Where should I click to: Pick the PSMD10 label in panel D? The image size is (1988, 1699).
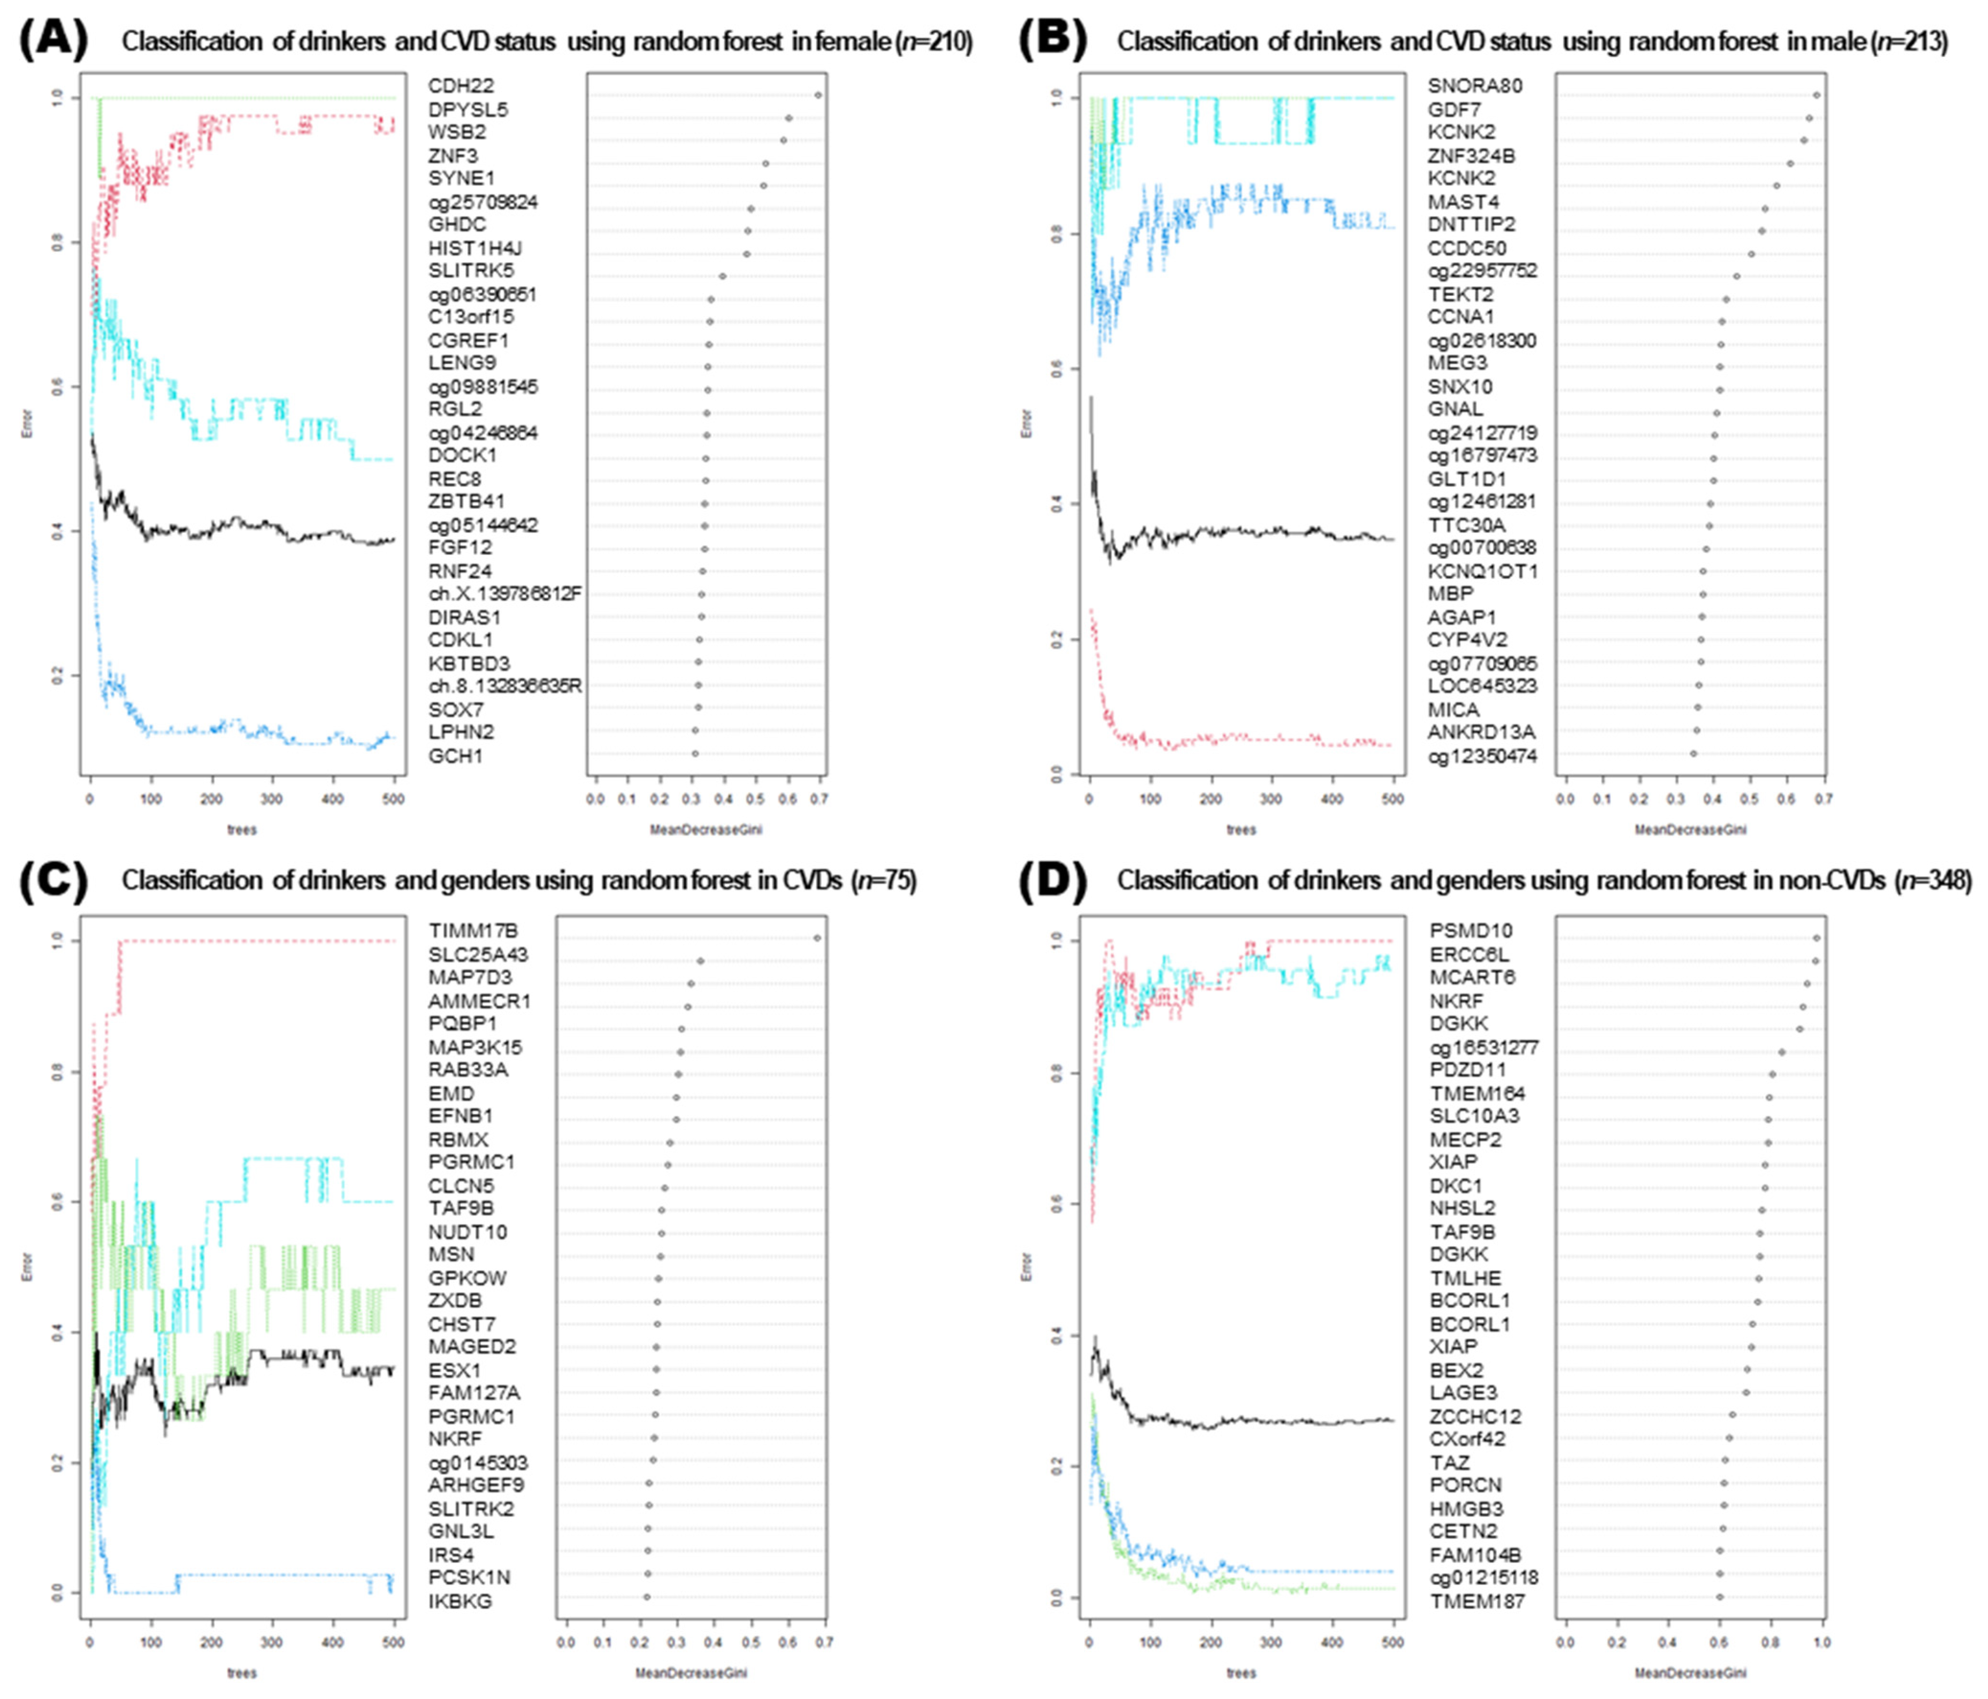pyautogui.click(x=1471, y=930)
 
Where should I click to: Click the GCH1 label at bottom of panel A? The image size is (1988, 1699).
pyautogui.click(x=455, y=756)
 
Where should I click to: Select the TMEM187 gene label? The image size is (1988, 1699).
pyautogui.click(x=1477, y=1601)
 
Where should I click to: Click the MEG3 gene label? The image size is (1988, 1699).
pyautogui.click(x=1457, y=362)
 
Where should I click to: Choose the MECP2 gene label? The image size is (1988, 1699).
pyautogui.click(x=1465, y=1140)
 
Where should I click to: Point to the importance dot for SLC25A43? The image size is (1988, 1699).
pyautogui.click(x=700, y=960)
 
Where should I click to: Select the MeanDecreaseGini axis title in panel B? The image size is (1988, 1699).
pyautogui.click(x=1691, y=829)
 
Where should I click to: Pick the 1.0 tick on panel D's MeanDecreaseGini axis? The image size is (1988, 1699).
pyautogui.click(x=1822, y=1642)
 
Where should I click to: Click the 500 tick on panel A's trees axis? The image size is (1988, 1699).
pyautogui.click(x=394, y=798)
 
